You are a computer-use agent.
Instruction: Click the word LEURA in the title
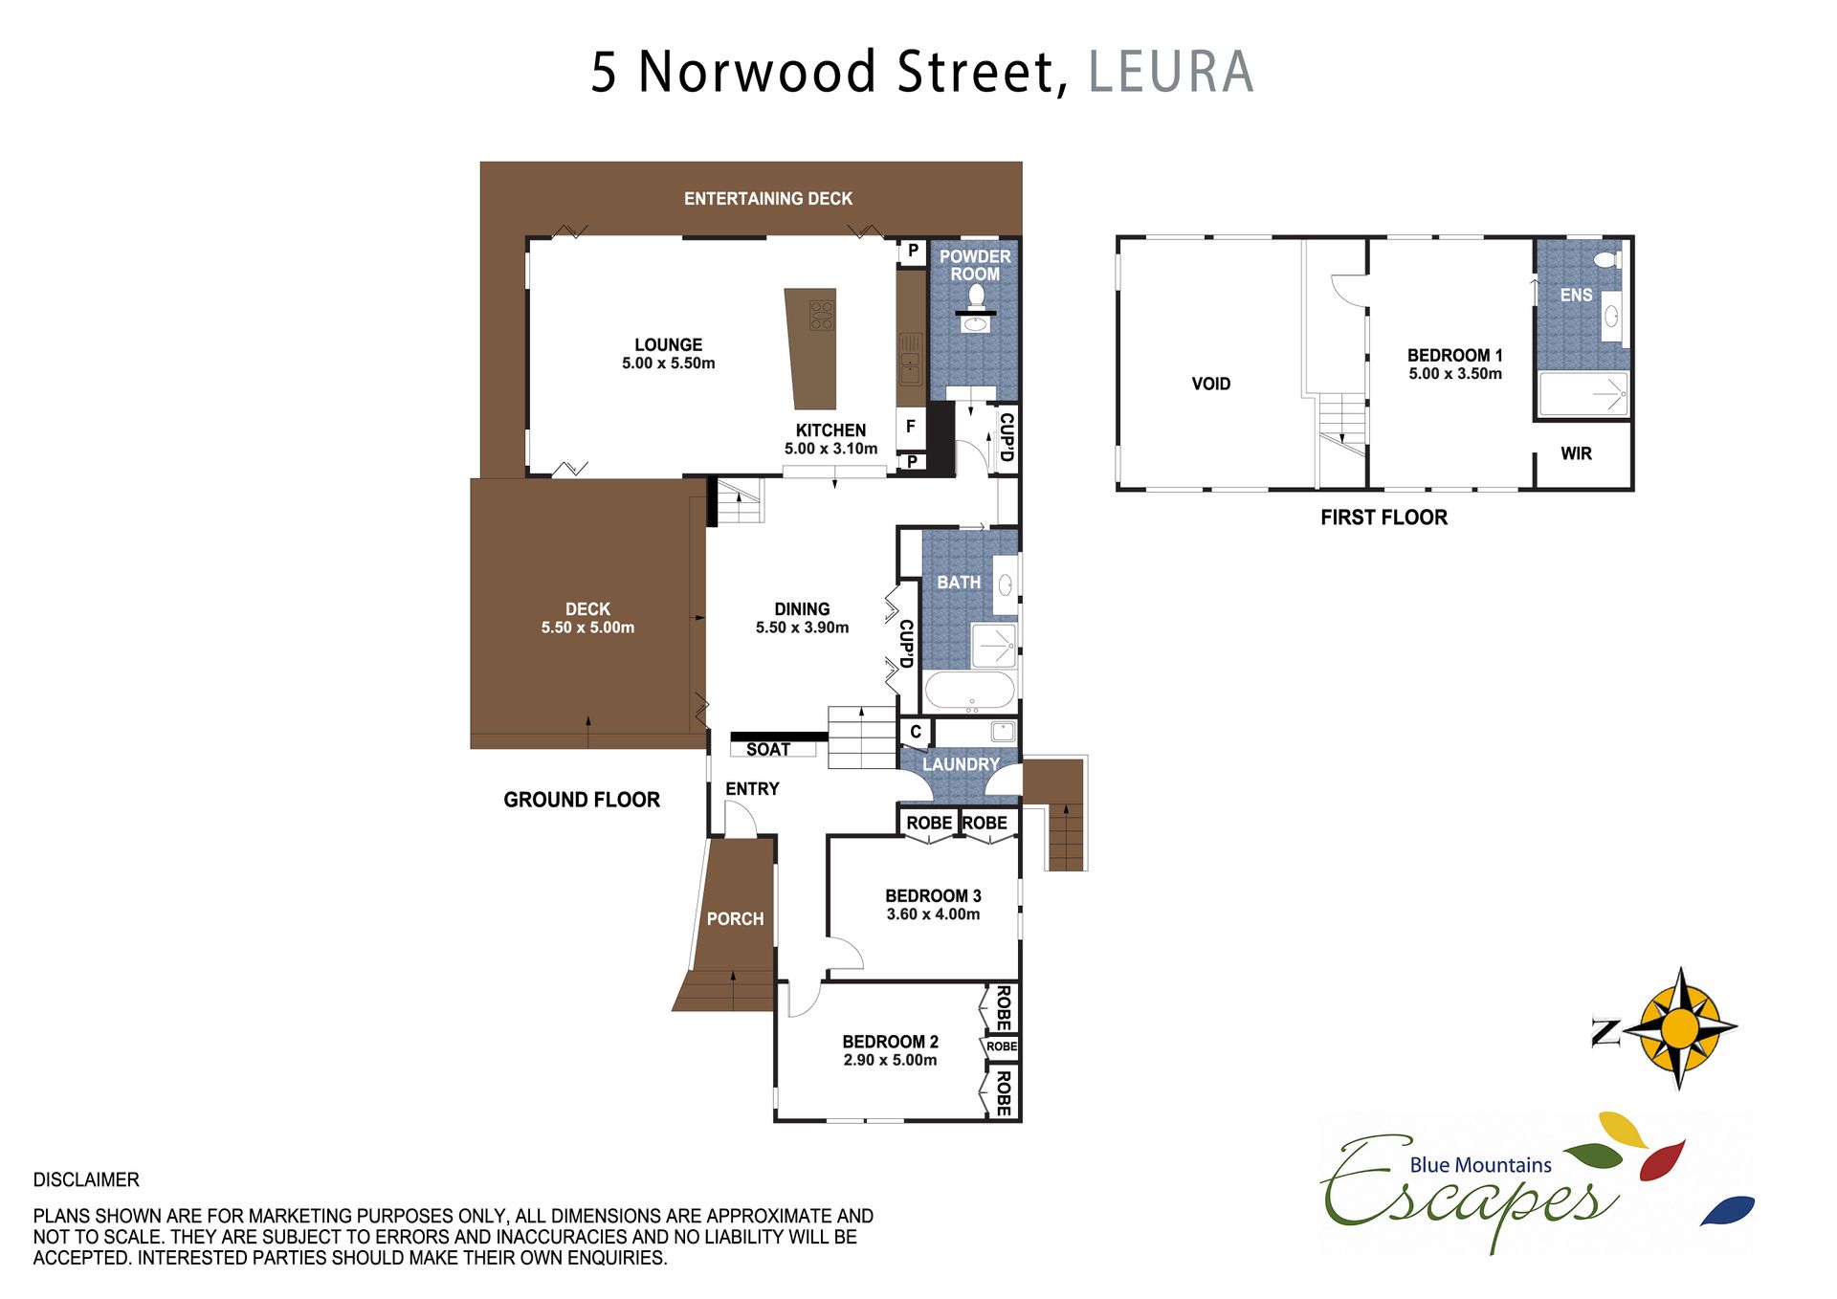tap(1170, 72)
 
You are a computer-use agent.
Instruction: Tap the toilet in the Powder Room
tap(976, 296)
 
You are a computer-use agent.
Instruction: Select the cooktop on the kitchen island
tap(822, 315)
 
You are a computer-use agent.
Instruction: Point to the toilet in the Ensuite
tap(1607, 259)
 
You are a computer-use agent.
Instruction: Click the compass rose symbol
tap(1680, 1028)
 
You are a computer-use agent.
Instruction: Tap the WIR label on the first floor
tap(1576, 453)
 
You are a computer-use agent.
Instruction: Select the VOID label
tap(1211, 384)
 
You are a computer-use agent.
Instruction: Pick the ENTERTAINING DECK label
tap(768, 199)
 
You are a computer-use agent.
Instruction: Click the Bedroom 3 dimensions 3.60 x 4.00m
tap(933, 914)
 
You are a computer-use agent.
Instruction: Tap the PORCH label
tap(735, 919)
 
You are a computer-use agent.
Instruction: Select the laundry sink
tap(1003, 732)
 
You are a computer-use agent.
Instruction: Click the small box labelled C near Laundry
tap(916, 732)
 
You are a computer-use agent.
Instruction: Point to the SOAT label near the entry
tap(768, 750)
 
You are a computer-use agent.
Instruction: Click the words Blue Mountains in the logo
tap(1480, 1165)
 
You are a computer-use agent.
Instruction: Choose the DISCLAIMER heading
tap(86, 1180)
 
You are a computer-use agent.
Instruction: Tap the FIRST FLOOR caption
tap(1383, 517)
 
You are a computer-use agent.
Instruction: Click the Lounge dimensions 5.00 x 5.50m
tap(668, 363)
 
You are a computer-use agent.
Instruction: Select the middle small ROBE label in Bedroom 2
tap(1002, 1046)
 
